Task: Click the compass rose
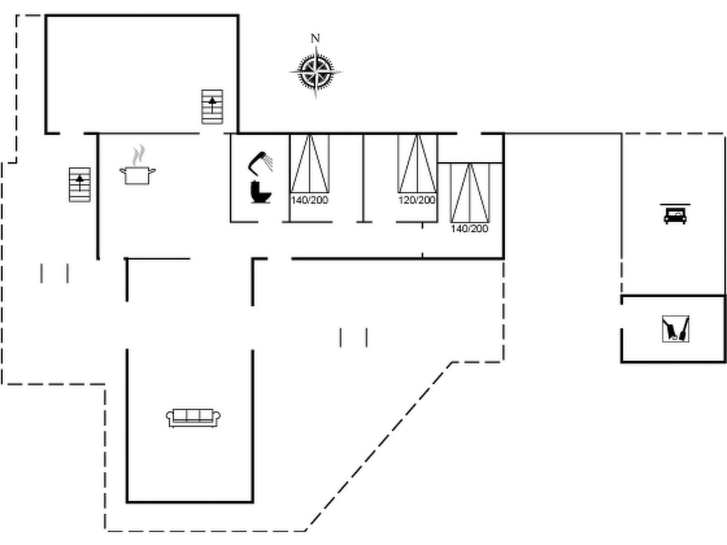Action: point(316,72)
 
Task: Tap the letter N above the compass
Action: point(315,39)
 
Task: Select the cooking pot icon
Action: point(137,175)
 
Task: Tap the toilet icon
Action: point(260,192)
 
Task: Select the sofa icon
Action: point(193,418)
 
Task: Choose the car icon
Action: point(675,215)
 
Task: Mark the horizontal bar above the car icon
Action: point(675,204)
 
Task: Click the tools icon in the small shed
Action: point(676,329)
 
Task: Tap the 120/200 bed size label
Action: point(417,200)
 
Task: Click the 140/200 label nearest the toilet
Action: point(309,200)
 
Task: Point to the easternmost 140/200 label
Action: point(469,228)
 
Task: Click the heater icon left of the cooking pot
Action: point(80,184)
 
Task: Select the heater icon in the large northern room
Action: point(212,107)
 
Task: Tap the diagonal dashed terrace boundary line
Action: point(379,446)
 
